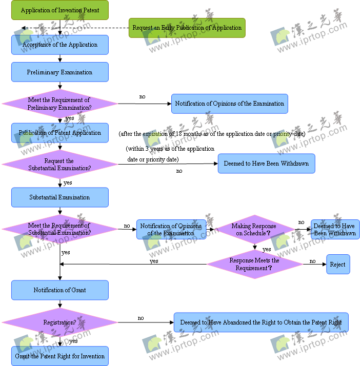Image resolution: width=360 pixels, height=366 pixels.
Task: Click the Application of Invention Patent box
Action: tap(60, 10)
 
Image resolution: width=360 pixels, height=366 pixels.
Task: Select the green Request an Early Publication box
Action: tap(187, 28)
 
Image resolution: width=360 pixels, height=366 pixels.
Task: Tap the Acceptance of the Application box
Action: tap(60, 45)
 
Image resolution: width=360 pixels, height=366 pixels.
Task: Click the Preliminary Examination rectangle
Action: tap(60, 72)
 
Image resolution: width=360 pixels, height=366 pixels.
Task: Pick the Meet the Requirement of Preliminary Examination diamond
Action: tap(59, 104)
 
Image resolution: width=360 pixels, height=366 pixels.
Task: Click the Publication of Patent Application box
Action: tap(60, 133)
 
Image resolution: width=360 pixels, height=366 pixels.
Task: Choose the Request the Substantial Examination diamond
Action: tap(59, 165)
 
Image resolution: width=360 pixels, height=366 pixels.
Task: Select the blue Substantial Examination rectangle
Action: tap(60, 197)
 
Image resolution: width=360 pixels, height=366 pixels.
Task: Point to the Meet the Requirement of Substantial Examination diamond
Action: tap(59, 229)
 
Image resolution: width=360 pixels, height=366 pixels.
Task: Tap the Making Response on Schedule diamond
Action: tap(254, 229)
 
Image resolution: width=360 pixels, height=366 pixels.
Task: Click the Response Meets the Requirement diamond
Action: tap(254, 264)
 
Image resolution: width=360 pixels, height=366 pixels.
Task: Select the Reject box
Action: tap(338, 265)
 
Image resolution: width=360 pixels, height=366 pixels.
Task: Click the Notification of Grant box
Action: tap(60, 290)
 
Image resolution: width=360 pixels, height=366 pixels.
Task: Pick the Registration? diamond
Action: tap(59, 322)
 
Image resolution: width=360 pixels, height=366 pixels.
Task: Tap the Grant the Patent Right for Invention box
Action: tap(60, 356)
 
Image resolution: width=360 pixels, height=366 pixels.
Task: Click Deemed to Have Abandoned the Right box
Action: tap(261, 322)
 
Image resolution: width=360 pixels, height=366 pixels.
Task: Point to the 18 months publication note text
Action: tap(212, 134)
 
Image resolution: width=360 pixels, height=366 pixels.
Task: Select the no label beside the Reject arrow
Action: tap(312, 261)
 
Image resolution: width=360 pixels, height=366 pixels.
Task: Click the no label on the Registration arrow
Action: tap(141, 318)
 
